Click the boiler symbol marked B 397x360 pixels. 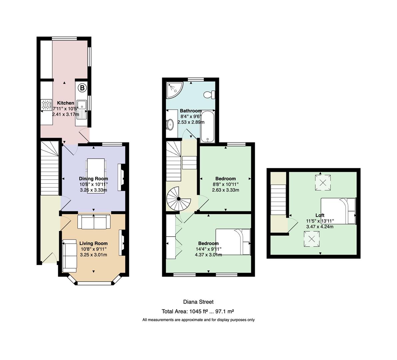[x=82, y=88]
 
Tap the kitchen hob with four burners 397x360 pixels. [x=46, y=105]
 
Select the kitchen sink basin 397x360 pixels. [x=82, y=105]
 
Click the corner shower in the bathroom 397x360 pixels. [x=174, y=90]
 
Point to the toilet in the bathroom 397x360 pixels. [x=209, y=95]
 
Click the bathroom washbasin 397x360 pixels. [x=170, y=124]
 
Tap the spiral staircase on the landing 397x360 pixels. [x=179, y=199]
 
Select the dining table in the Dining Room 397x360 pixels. [x=96, y=176]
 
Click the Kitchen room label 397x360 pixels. [x=65, y=103]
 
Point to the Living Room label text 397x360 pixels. [x=94, y=243]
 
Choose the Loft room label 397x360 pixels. [x=320, y=215]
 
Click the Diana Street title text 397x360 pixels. [x=198, y=302]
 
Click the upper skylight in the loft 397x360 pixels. [x=323, y=182]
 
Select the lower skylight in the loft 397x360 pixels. [x=312, y=239]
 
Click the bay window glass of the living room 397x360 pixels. [x=94, y=283]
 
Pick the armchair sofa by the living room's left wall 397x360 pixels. [x=70, y=256]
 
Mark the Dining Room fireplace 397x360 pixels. [x=121, y=177]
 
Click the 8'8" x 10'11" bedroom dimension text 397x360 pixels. [x=225, y=184]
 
